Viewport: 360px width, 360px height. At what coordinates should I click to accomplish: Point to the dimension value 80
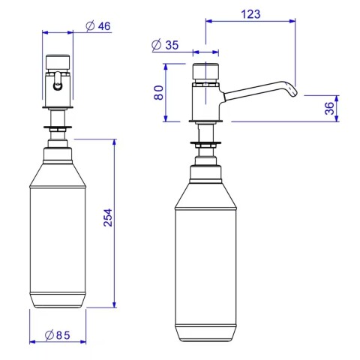click(x=159, y=93)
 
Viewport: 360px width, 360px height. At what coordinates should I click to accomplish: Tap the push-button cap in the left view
click(x=58, y=61)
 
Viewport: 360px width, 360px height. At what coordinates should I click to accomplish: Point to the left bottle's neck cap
click(x=58, y=155)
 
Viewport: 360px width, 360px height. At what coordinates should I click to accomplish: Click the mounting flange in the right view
click(x=204, y=142)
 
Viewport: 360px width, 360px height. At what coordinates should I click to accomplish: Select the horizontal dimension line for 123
click(x=250, y=22)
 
